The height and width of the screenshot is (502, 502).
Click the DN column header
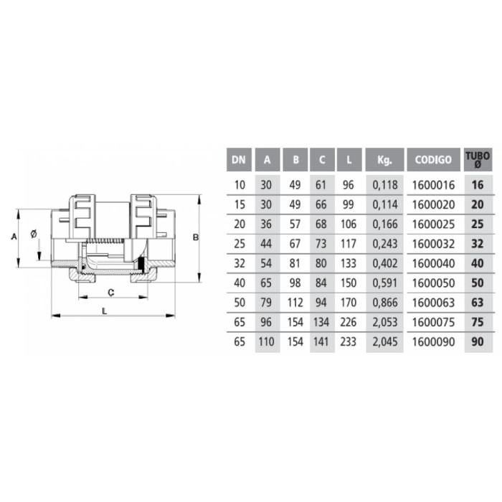(x=239, y=159)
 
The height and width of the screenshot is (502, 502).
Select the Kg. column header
(x=384, y=159)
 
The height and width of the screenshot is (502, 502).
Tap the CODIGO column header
(x=433, y=159)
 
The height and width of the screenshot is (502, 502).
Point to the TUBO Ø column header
(x=478, y=159)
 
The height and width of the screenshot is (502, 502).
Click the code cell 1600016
(x=433, y=185)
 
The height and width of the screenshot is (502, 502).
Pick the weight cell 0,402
(x=385, y=263)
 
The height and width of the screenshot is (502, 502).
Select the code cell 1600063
(x=433, y=303)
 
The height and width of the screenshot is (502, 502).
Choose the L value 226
(x=349, y=322)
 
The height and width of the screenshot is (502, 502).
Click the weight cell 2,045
(x=385, y=342)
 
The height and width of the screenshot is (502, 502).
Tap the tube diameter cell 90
(x=478, y=342)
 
